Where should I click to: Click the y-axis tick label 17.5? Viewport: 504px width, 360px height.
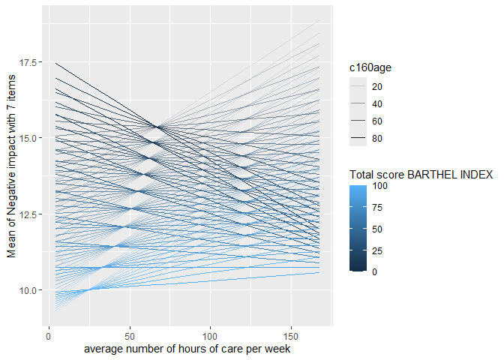[x=31, y=61]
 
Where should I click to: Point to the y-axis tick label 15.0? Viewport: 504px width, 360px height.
[x=31, y=138]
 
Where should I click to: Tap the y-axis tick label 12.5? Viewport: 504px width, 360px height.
[x=31, y=214]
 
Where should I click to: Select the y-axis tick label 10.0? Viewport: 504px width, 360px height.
[x=31, y=289]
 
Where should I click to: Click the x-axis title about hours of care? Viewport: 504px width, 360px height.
[x=187, y=348]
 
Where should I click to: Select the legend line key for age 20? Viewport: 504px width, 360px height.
[x=358, y=85]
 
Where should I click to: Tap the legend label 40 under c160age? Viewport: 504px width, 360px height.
[x=378, y=103]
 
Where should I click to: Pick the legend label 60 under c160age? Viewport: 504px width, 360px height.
[x=378, y=120]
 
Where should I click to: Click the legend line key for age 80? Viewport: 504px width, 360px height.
[x=358, y=137]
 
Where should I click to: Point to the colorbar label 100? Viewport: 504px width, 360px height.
[x=379, y=187]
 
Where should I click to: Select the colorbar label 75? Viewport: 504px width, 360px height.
[x=377, y=208]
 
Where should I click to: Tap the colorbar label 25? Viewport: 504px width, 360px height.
[x=377, y=250]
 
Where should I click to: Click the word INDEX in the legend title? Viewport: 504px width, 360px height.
[x=477, y=175]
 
